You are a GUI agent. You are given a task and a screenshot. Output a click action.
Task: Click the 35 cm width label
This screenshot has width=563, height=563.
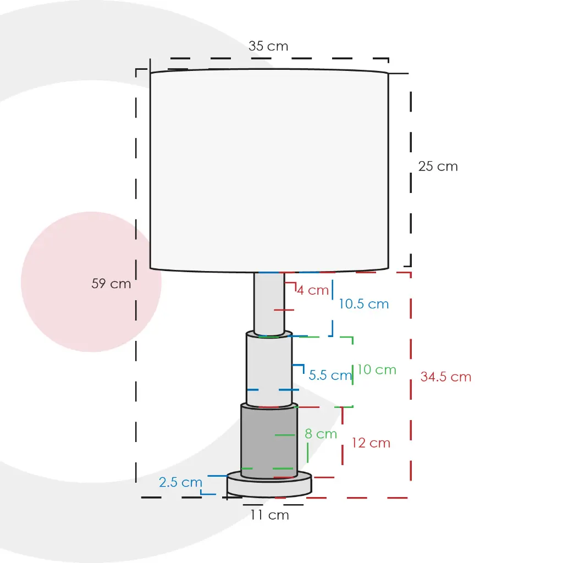[268, 46]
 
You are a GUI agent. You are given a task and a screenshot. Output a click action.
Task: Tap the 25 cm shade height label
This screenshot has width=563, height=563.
[438, 166]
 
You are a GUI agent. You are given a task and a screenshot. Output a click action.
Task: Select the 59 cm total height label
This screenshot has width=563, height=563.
[111, 283]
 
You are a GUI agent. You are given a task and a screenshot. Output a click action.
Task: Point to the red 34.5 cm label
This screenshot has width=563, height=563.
[445, 377]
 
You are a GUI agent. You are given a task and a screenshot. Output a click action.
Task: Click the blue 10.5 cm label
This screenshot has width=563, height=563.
[363, 304]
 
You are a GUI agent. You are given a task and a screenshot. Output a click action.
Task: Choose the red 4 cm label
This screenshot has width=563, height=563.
[313, 290]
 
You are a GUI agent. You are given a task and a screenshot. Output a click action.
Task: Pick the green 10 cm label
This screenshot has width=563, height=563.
[377, 369]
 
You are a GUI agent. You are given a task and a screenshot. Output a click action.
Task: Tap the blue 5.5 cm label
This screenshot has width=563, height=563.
[330, 375]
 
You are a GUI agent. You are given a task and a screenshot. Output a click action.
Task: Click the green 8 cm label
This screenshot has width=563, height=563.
[321, 434]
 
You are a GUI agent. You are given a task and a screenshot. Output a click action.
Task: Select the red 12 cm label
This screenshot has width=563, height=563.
[371, 443]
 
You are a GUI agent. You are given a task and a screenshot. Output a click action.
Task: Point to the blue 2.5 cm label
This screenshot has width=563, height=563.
[180, 482]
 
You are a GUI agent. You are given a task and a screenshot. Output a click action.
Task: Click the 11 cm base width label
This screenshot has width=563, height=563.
[269, 515]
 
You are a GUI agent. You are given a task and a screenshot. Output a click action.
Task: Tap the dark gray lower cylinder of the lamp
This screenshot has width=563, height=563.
[269, 441]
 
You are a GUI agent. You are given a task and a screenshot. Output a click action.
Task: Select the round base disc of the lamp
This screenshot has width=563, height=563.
[269, 484]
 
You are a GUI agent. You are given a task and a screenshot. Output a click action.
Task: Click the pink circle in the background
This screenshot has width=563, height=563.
[91, 282]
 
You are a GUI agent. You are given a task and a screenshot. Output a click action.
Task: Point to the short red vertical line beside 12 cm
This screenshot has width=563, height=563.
[343, 436]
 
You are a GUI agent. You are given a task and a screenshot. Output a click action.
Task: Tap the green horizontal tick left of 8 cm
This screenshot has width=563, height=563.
[285, 435]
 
